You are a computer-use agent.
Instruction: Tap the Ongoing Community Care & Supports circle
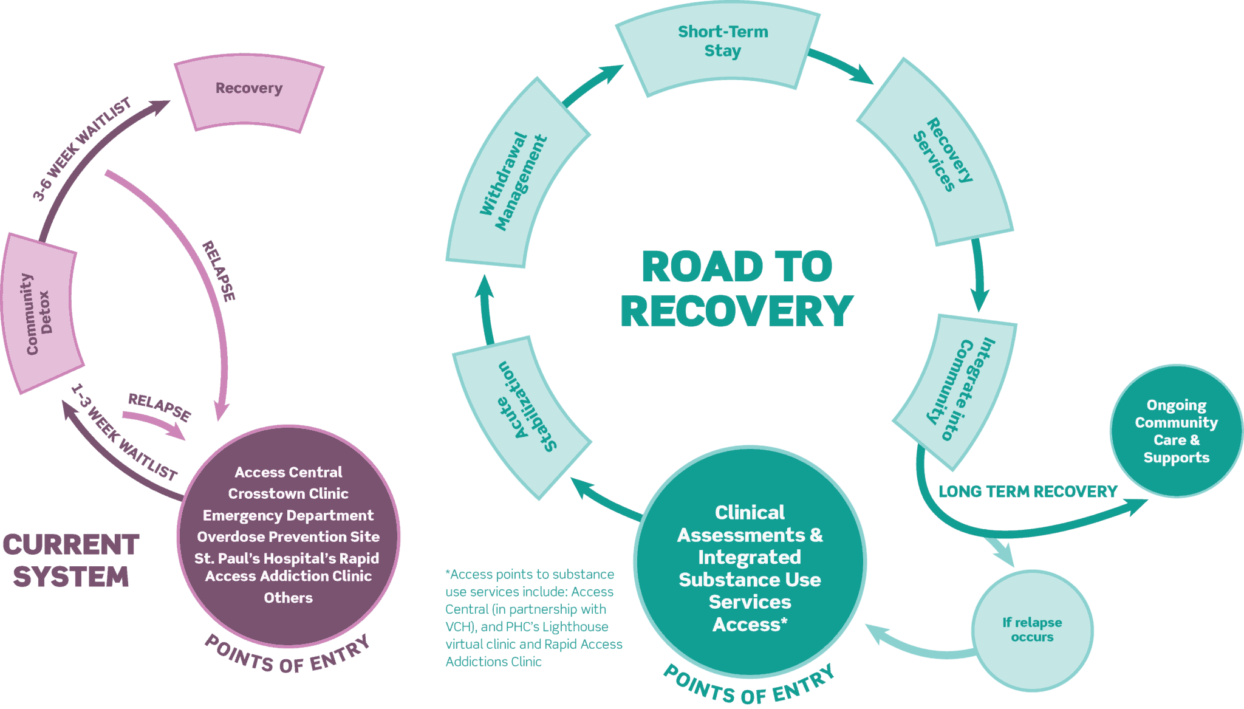pyautogui.click(x=1176, y=431)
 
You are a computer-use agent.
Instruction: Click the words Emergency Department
pyautogui.click(x=288, y=515)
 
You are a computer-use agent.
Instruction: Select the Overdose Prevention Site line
pyautogui.click(x=288, y=536)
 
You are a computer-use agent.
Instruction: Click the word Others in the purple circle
pyautogui.click(x=288, y=598)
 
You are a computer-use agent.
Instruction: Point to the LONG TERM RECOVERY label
pyautogui.click(x=1028, y=491)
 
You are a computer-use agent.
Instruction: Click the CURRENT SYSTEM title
pyautogui.click(x=71, y=560)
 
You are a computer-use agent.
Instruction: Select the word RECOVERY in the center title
pyautogui.click(x=736, y=311)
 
